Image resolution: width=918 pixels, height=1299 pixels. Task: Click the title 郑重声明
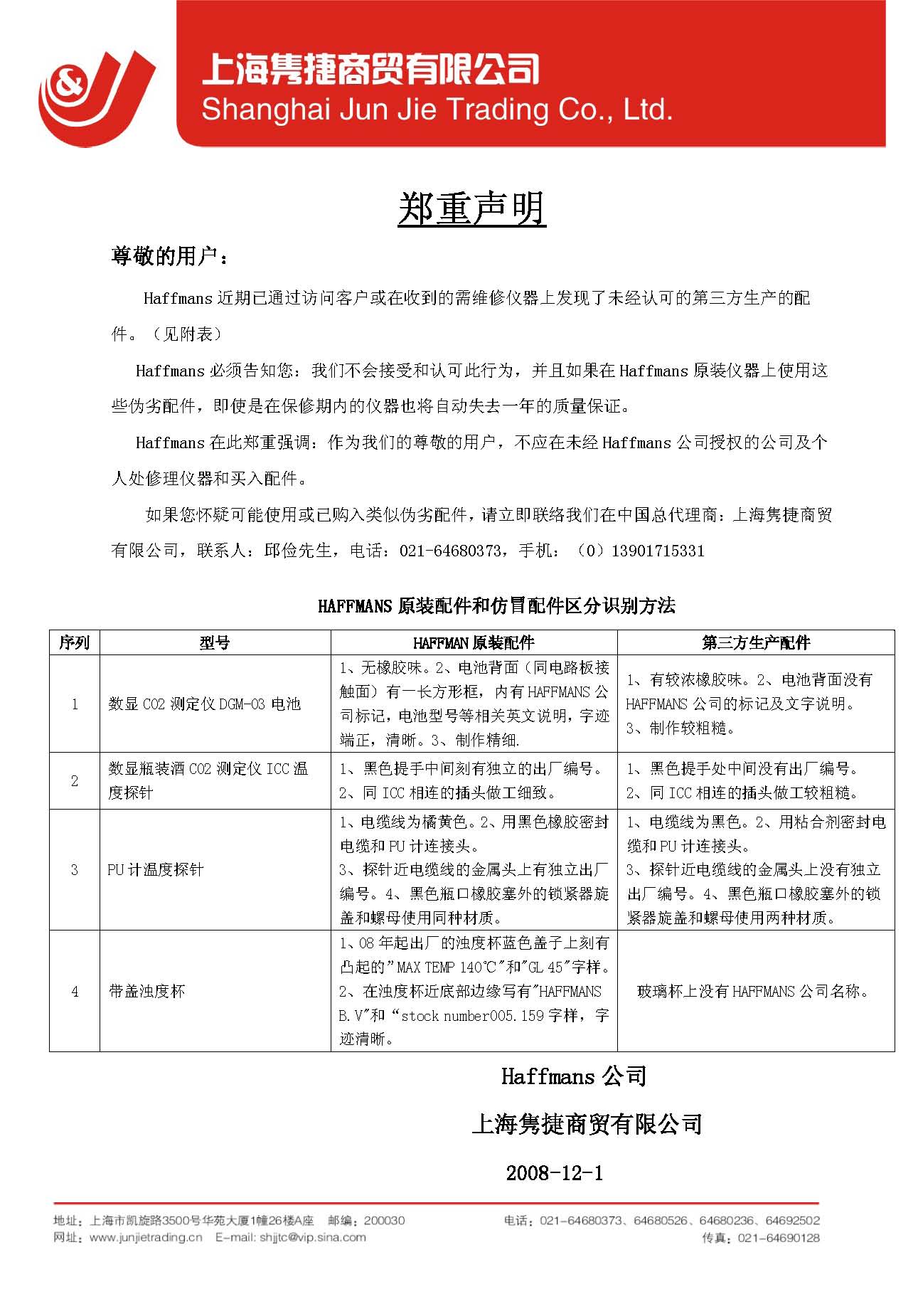tap(471, 209)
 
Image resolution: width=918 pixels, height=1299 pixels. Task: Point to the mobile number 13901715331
tap(657, 551)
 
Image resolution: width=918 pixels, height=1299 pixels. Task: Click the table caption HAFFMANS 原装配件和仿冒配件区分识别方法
tap(496, 606)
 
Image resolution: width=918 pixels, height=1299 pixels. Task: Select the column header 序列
tap(74, 643)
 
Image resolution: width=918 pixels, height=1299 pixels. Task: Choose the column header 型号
tap(214, 643)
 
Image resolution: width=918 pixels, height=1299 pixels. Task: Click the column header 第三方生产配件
tap(755, 643)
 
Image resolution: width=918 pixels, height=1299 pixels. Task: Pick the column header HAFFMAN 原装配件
tap(474, 643)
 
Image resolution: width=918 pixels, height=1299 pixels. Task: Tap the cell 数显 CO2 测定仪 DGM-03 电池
tap(204, 704)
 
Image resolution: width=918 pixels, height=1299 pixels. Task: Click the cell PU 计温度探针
tap(155, 869)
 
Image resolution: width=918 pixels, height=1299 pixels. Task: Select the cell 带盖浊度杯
tap(146, 991)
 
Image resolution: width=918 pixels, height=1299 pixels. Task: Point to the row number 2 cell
tap(74, 780)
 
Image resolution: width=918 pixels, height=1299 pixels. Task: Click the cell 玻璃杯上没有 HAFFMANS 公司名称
tap(754, 991)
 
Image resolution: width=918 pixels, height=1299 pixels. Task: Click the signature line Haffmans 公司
tap(573, 1076)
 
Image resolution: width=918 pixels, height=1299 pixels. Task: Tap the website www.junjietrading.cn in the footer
tap(146, 1237)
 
